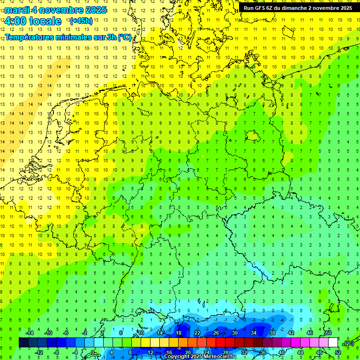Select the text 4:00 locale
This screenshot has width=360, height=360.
click(32, 21)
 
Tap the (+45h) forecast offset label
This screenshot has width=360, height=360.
click(81, 21)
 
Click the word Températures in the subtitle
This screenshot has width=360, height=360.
click(29, 37)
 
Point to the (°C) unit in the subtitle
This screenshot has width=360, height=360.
click(124, 37)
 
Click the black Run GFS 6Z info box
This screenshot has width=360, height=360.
click(298, 8)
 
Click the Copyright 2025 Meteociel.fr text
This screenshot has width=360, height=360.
click(200, 357)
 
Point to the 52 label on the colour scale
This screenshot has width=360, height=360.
click(338, 352)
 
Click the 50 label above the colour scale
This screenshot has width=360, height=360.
click(329, 333)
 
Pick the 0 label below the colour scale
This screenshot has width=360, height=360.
click(93, 352)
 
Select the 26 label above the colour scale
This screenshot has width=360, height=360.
click(216, 333)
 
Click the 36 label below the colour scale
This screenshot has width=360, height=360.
click(263, 352)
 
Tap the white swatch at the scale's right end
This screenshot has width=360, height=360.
click(333, 343)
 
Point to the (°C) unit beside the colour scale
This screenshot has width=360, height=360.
click(348, 343)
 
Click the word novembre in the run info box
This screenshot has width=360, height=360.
click(324, 8)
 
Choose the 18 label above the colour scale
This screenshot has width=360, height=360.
click(179, 333)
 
